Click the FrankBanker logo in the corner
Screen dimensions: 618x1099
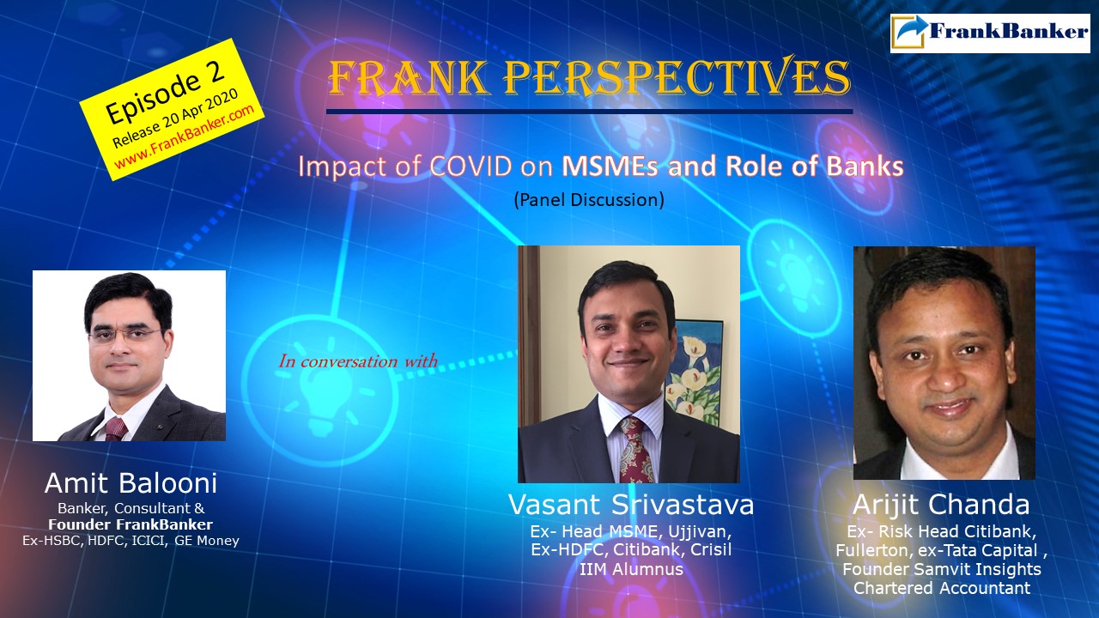[990, 33]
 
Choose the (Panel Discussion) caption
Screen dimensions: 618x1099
[588, 200]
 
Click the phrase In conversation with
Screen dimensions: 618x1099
[357, 360]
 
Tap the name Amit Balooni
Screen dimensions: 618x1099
[131, 483]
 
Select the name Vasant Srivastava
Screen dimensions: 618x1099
[631, 505]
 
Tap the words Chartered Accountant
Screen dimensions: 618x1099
[941, 588]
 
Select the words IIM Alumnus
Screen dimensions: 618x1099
[630, 568]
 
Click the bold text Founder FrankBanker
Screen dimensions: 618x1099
[131, 524]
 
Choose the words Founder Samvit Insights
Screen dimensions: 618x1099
[941, 569]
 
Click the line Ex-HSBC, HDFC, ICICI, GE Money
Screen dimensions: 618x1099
[131, 542]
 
